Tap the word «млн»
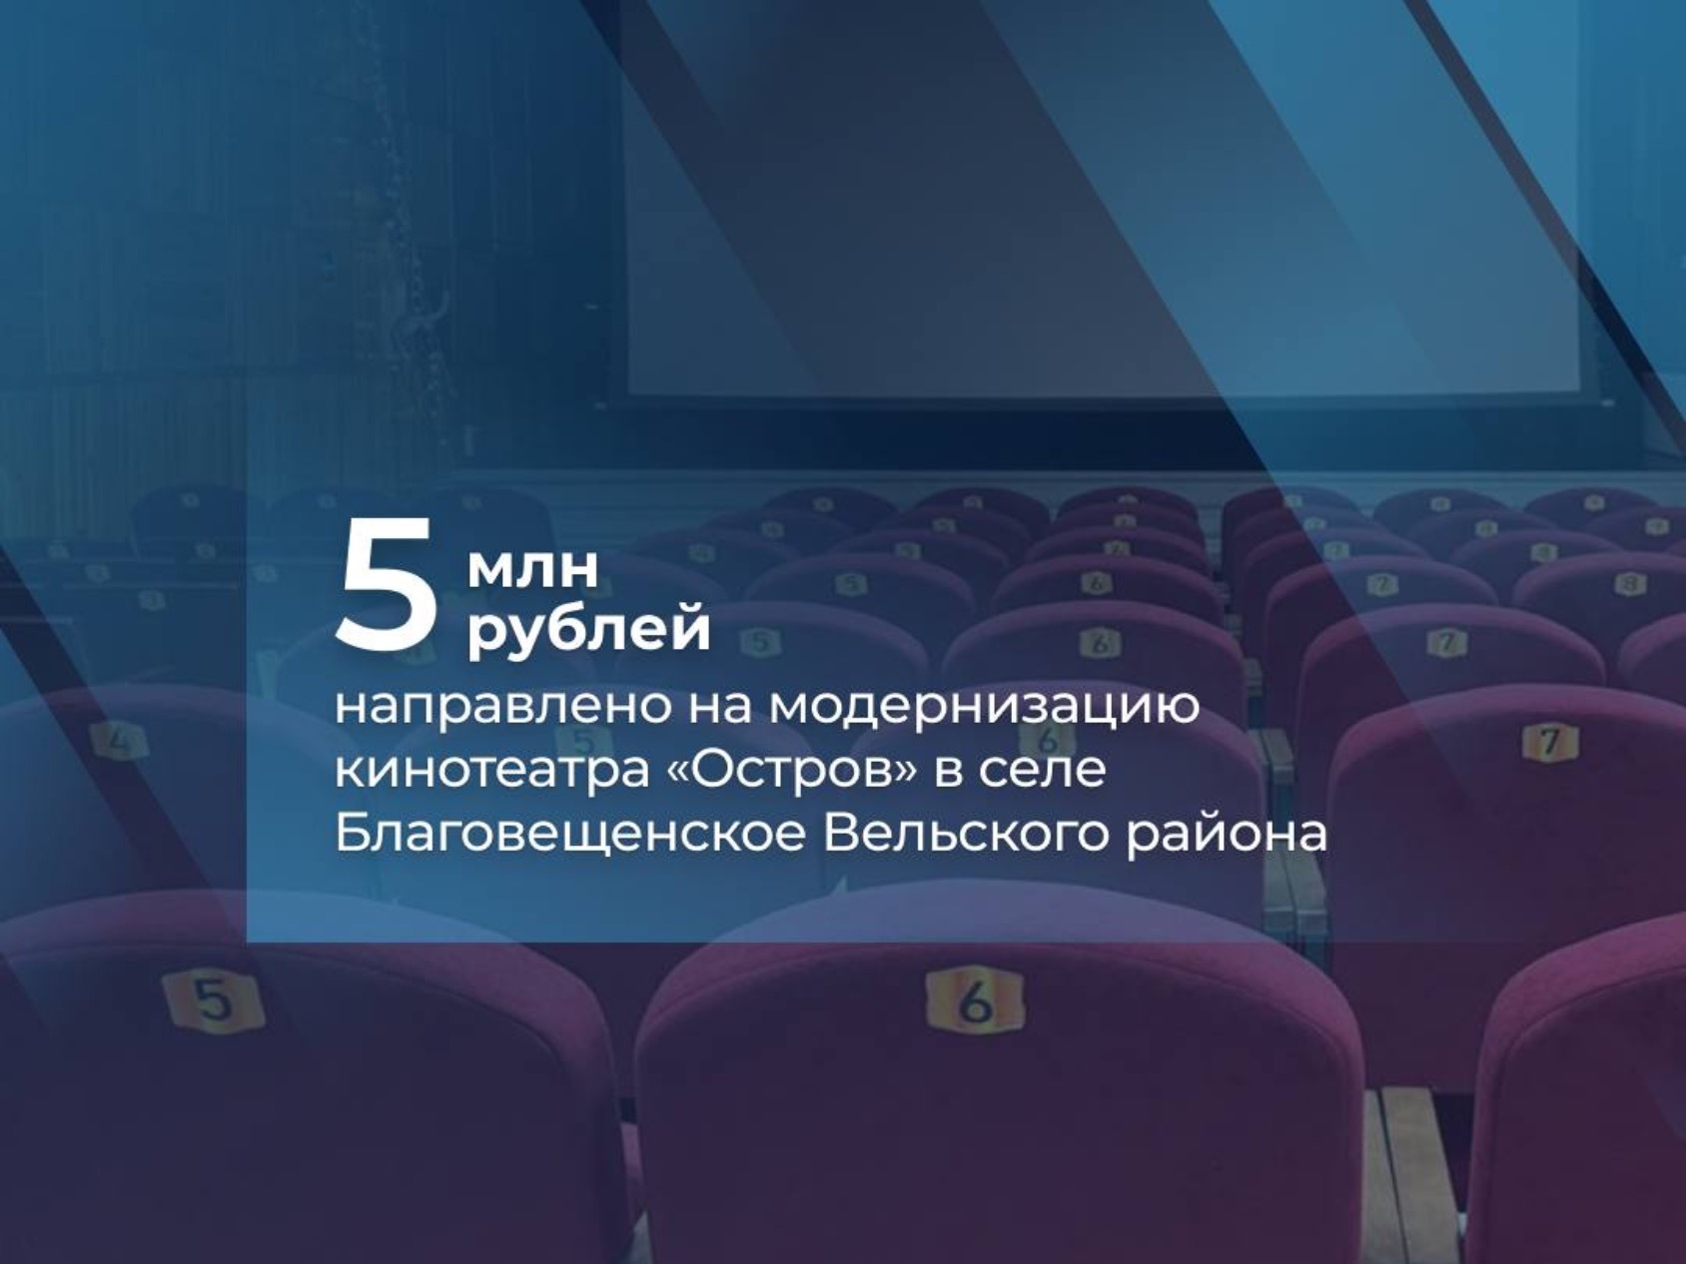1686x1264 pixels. point(533,568)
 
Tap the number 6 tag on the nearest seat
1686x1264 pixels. point(975,999)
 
